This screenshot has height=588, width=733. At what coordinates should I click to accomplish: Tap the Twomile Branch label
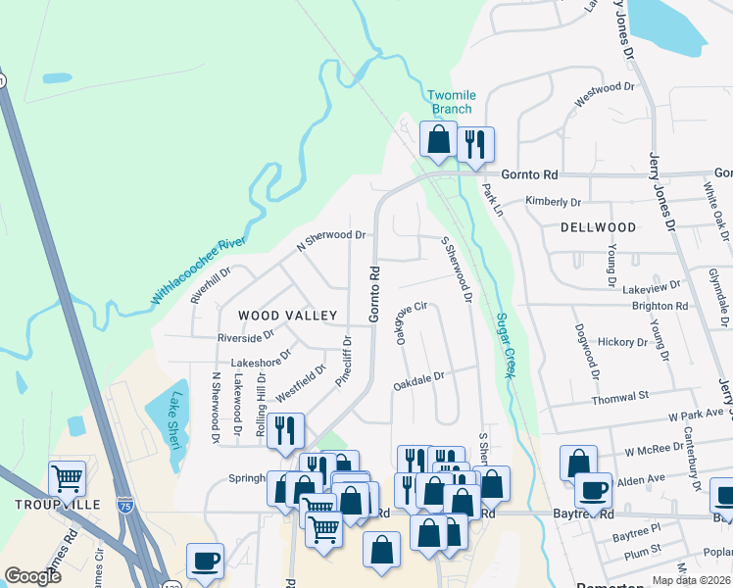(452, 102)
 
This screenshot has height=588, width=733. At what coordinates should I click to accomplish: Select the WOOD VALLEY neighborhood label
(288, 316)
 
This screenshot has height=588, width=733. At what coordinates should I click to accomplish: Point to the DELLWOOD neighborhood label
(599, 227)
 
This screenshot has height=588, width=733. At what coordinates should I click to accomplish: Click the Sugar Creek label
(506, 345)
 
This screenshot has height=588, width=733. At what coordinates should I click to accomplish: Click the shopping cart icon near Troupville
(67, 479)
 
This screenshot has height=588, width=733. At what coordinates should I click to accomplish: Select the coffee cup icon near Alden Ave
(593, 489)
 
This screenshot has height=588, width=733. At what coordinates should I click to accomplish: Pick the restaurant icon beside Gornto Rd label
(475, 144)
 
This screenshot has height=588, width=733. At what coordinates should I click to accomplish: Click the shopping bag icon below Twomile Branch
(438, 139)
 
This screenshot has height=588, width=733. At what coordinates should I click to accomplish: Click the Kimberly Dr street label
(553, 202)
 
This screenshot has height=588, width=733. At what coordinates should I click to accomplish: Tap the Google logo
(33, 576)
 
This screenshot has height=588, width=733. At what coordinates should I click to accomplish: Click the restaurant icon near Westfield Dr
(285, 430)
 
